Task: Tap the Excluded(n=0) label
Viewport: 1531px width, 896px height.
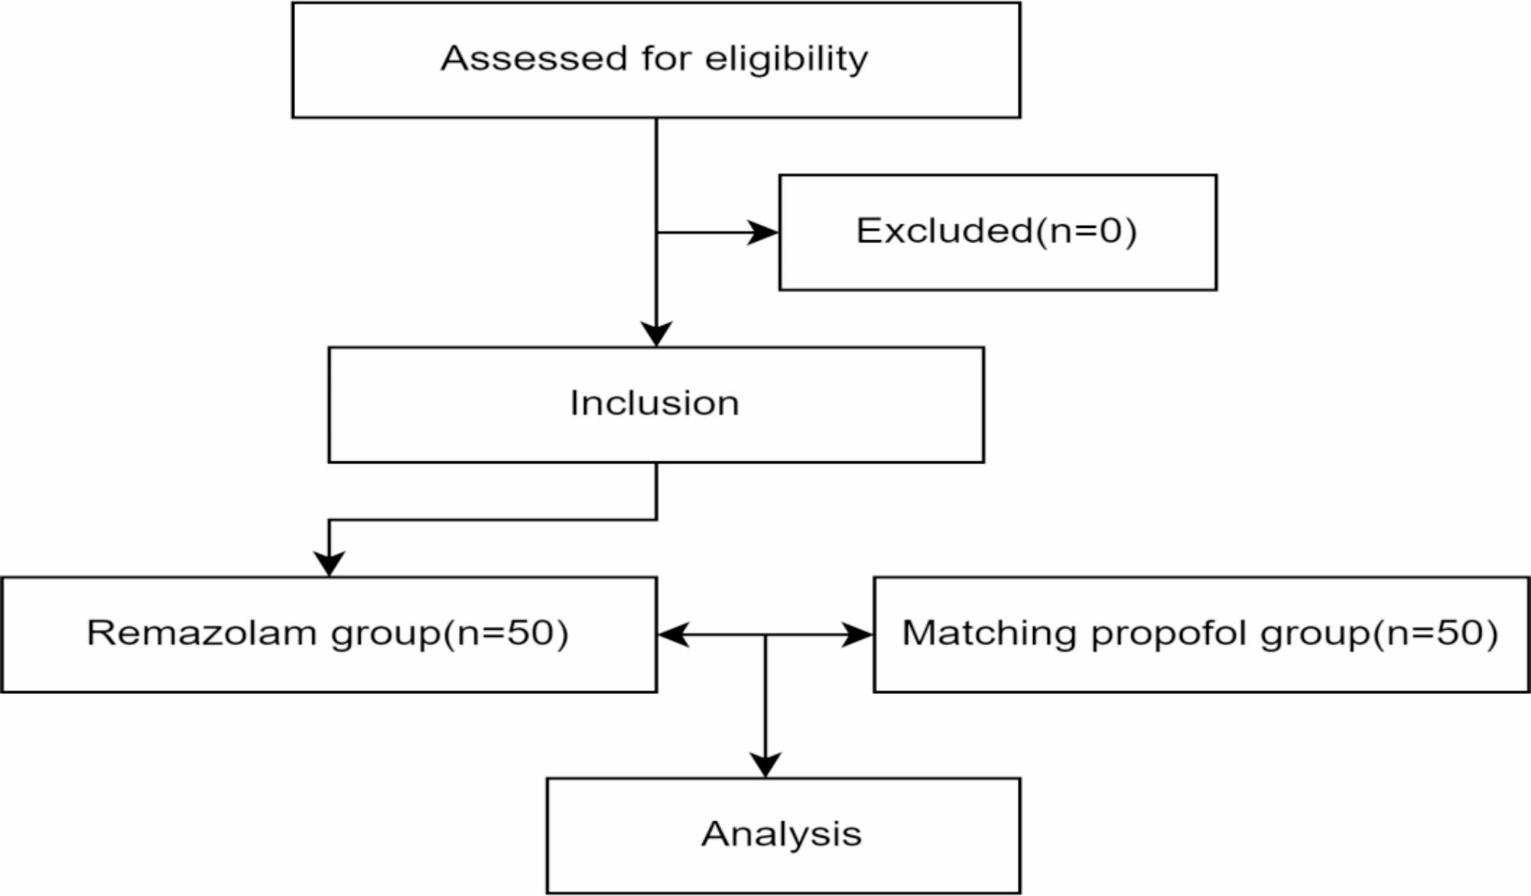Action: coord(997,231)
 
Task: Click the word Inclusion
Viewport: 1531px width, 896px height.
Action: coord(654,403)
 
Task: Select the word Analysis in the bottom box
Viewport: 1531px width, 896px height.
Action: coord(782,833)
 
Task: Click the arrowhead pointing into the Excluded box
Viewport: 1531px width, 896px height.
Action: coord(763,232)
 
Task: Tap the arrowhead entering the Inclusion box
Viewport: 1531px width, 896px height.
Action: coord(656,334)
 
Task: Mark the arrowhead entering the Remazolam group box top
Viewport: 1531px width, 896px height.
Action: coord(329,564)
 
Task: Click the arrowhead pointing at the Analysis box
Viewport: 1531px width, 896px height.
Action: coord(765,765)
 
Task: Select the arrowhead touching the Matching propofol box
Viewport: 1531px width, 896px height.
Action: coord(857,634)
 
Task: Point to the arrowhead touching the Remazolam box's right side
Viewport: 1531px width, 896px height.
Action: coord(673,634)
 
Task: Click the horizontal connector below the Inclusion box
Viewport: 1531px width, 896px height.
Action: coord(492,520)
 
